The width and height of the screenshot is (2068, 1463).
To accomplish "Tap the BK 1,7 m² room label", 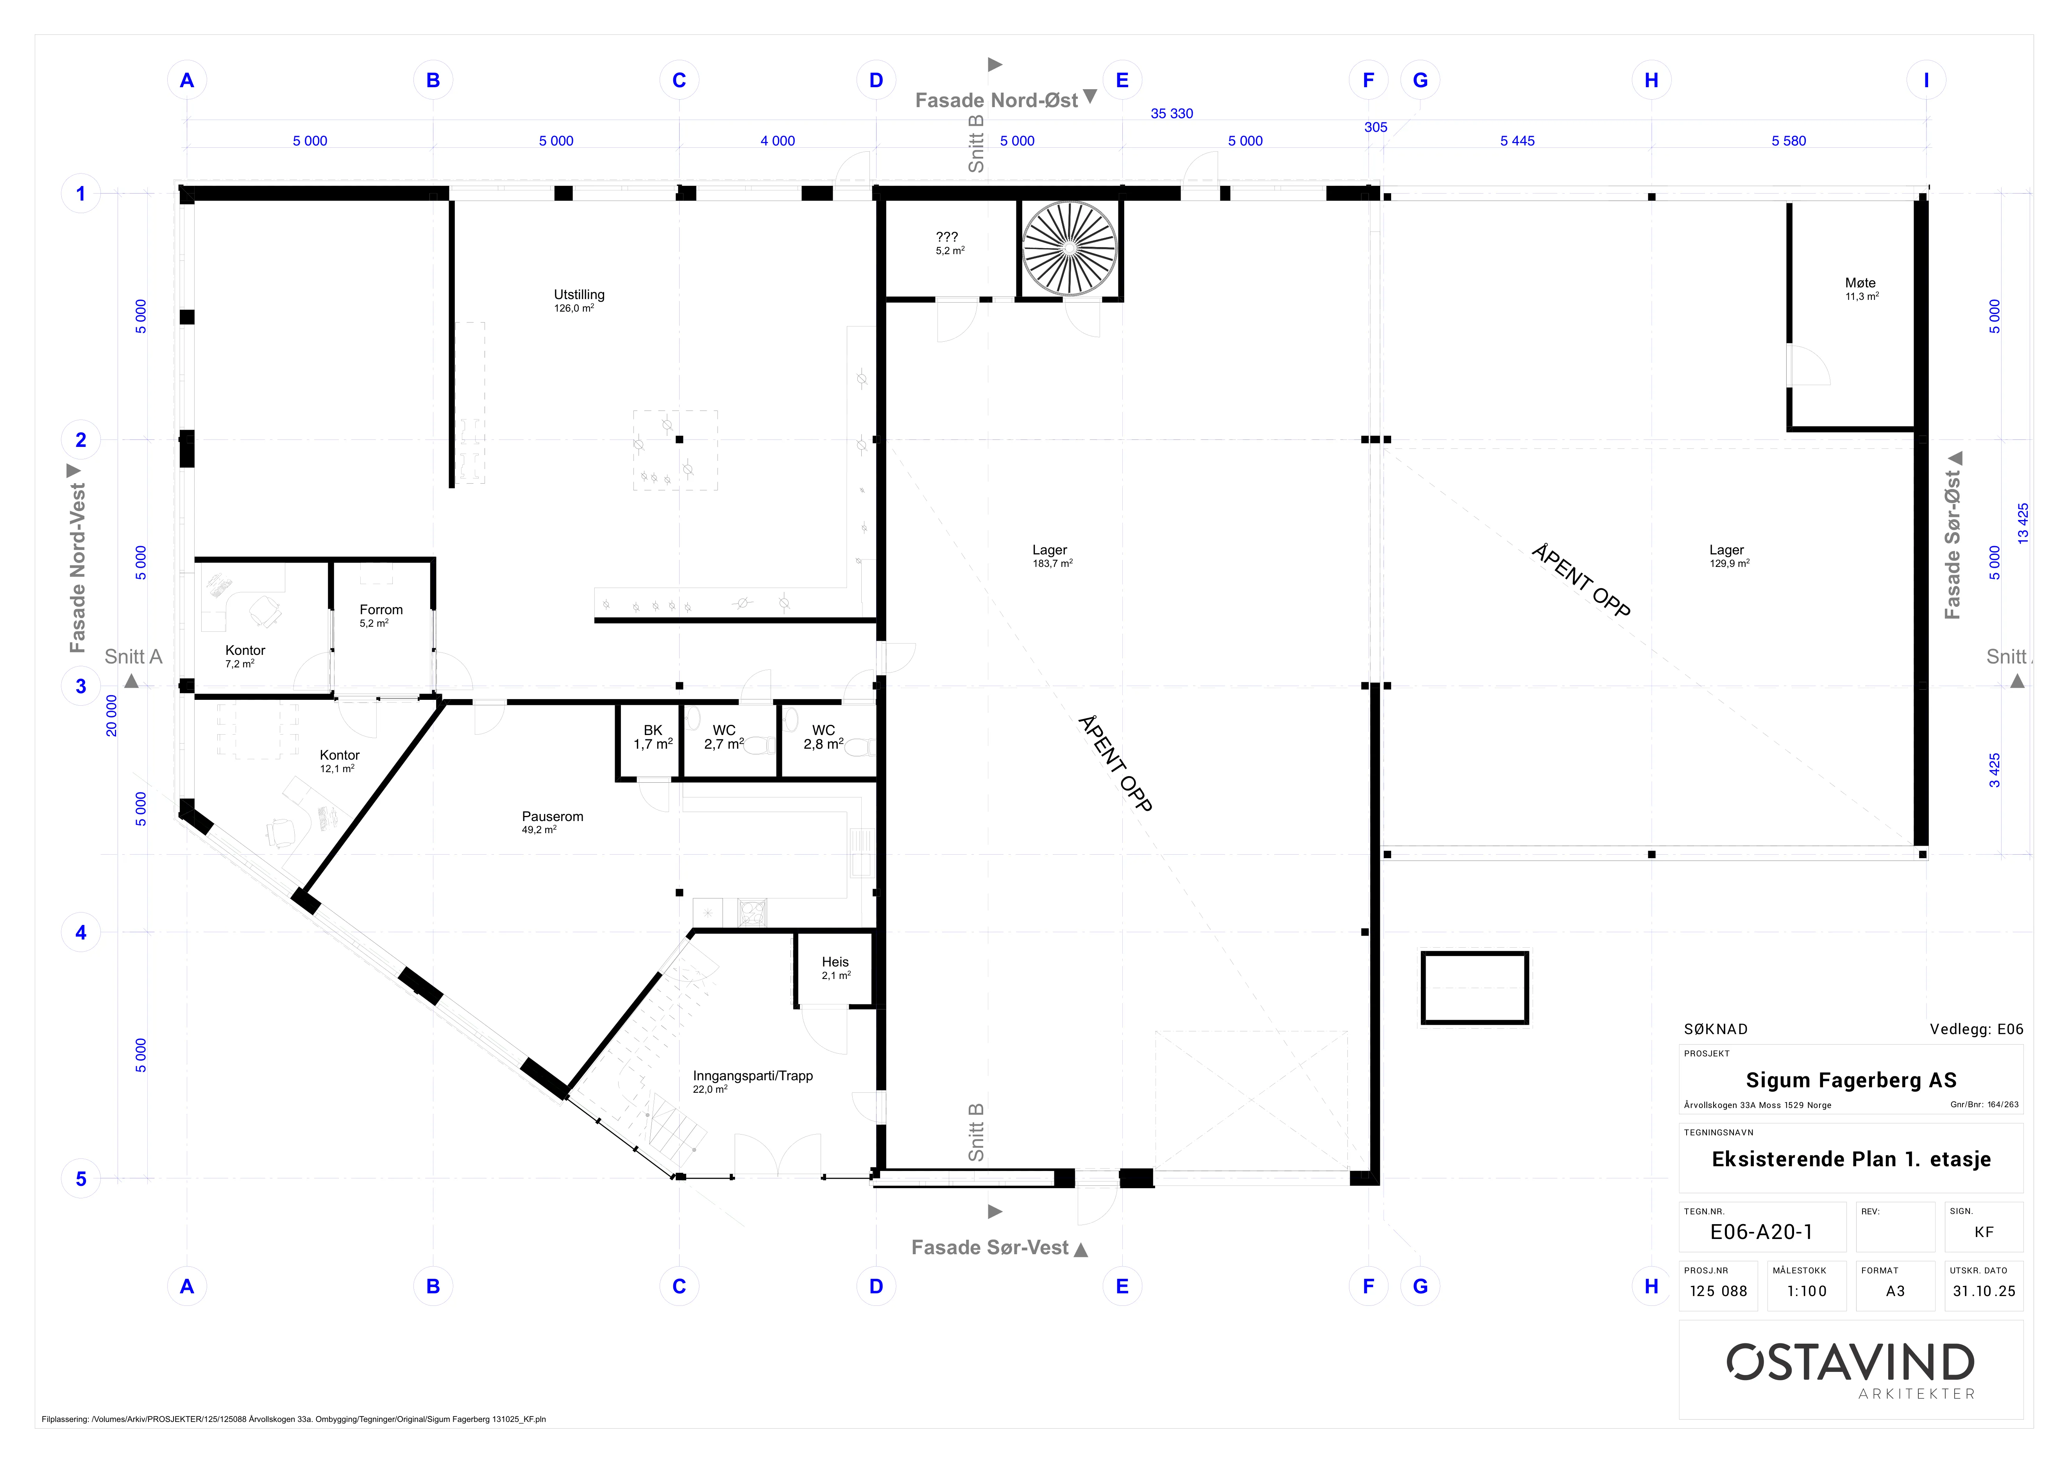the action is [x=653, y=737].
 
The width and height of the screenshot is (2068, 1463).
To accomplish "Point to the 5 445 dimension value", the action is [x=1517, y=140].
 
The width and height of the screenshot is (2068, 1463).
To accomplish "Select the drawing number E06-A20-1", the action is [x=1761, y=1232].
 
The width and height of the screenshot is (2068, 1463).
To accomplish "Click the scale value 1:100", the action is [x=1807, y=1291].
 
